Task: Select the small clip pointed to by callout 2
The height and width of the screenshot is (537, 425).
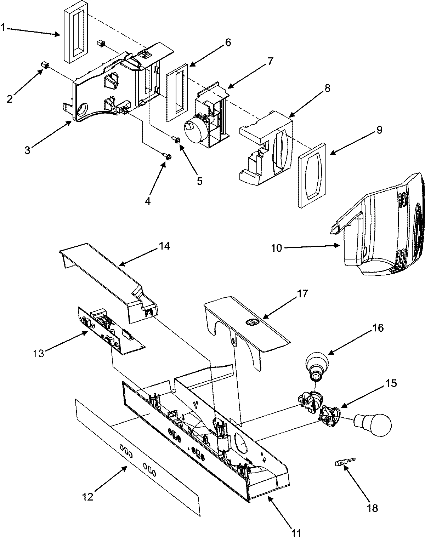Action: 45,65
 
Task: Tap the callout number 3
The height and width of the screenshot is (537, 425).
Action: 28,150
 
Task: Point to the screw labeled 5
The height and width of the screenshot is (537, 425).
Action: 177,140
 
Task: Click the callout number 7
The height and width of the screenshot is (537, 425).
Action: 270,61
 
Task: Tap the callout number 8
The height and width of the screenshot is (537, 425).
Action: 327,88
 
